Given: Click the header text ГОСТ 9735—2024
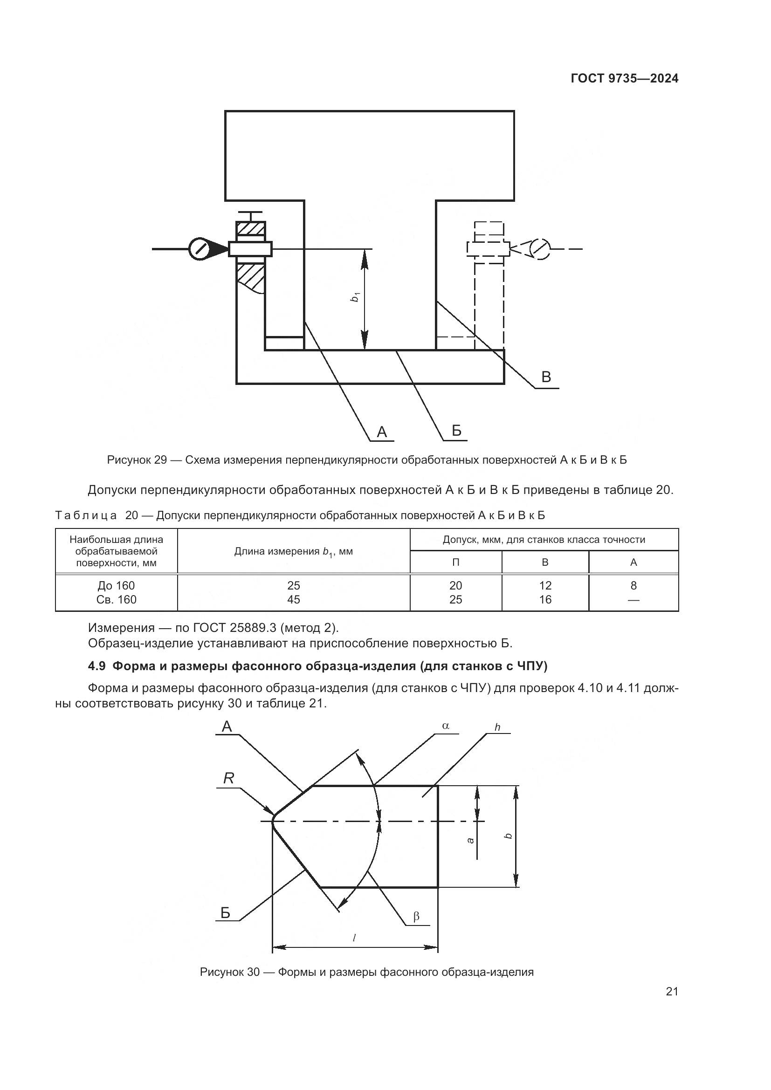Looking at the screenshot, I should (x=624, y=79).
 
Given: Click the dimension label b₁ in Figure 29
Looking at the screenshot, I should (x=355, y=298).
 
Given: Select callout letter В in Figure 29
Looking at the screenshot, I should (x=546, y=377).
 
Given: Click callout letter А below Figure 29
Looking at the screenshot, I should (x=382, y=432).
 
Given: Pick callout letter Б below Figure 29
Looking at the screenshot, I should (x=456, y=431).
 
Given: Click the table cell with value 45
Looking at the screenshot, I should (x=293, y=600).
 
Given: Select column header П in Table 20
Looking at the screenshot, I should (x=455, y=562).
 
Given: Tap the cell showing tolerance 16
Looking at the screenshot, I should (x=545, y=600).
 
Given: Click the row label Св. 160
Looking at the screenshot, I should (x=117, y=600).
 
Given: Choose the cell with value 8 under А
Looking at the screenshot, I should (x=633, y=585).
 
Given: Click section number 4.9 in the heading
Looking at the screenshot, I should (x=96, y=666).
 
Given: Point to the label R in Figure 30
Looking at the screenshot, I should (x=229, y=778).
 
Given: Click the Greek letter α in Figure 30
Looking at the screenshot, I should (x=445, y=726).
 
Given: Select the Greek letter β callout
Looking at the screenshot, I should (x=416, y=916).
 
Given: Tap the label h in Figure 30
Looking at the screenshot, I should (x=497, y=727).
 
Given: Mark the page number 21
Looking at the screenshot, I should (x=672, y=991).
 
